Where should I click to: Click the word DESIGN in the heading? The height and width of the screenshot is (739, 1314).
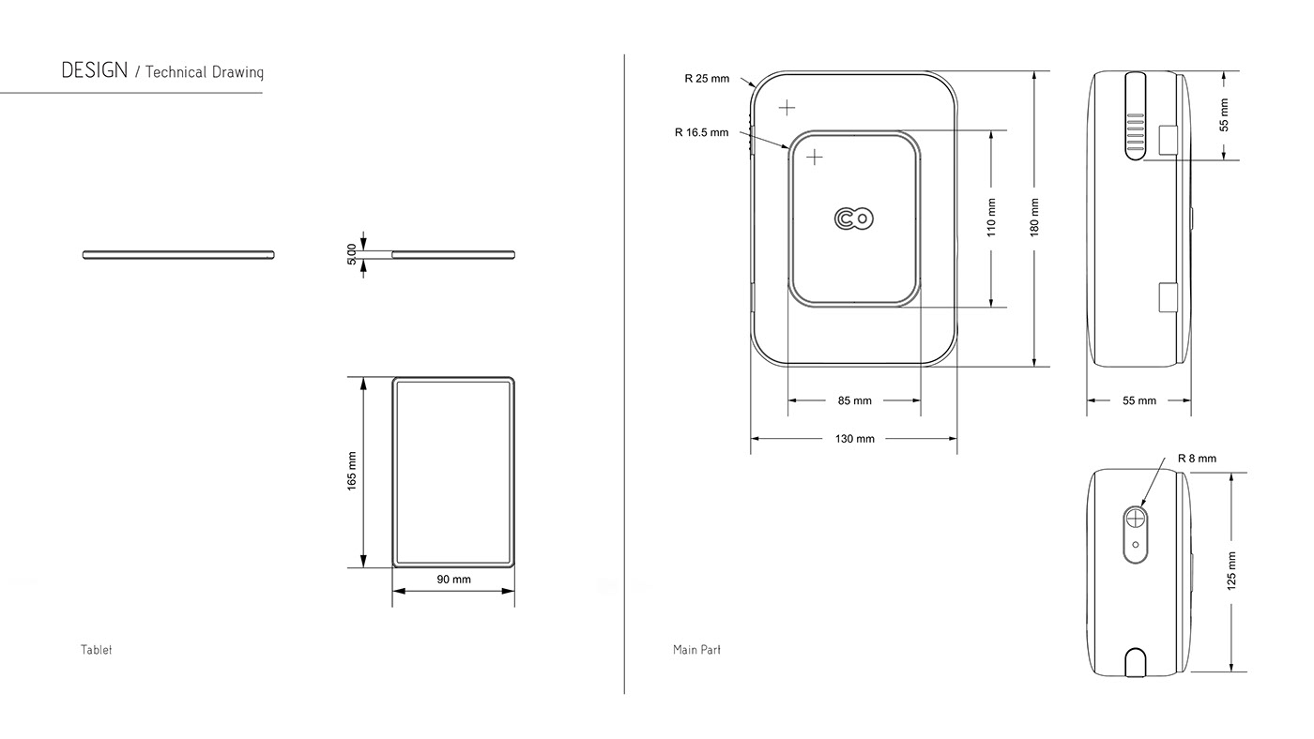[95, 70]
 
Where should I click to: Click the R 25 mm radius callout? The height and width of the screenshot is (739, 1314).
[707, 79]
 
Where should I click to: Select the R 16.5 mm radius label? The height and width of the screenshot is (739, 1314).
[702, 132]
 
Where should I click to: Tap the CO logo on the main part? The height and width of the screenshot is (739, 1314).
[854, 219]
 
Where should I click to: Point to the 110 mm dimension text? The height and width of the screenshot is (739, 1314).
[991, 218]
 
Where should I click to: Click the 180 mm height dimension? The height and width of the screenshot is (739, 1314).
[1034, 218]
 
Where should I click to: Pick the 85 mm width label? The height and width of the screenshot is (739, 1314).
[855, 400]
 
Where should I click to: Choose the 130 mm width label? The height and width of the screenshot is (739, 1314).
[855, 439]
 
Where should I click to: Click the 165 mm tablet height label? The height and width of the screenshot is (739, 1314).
[351, 471]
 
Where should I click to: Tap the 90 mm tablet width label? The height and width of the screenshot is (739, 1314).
[454, 580]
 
